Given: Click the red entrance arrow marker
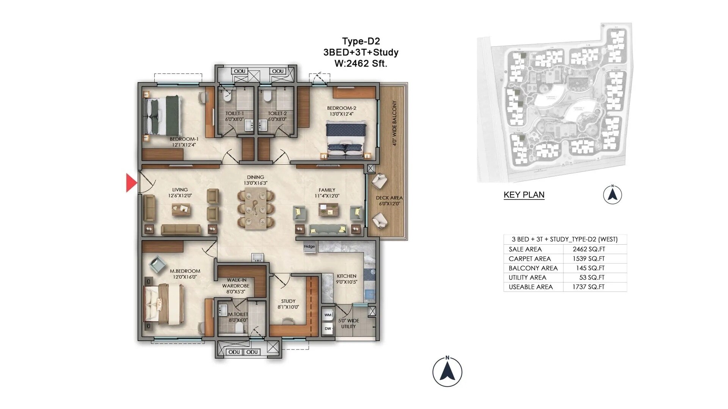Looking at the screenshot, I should (x=131, y=183).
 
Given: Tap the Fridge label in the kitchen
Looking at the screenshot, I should (x=309, y=247).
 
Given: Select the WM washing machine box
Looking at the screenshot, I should (x=328, y=315).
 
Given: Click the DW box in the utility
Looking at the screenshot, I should (x=328, y=329).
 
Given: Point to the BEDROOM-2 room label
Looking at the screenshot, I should (x=341, y=108).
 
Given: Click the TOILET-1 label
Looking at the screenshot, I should (x=234, y=113).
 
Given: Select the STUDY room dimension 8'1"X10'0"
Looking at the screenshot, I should (x=288, y=307).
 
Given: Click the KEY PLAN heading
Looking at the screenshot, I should (x=524, y=195).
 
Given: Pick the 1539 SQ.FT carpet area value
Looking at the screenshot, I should (x=588, y=259).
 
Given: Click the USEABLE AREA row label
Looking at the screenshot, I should (x=530, y=287).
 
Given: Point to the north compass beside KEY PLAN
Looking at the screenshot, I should (x=612, y=195).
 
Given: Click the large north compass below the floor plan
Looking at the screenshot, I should (x=447, y=372).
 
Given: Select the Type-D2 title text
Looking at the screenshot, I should (x=361, y=41).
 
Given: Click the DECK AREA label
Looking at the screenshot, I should (x=389, y=198).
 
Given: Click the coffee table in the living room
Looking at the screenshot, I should (x=181, y=209).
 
